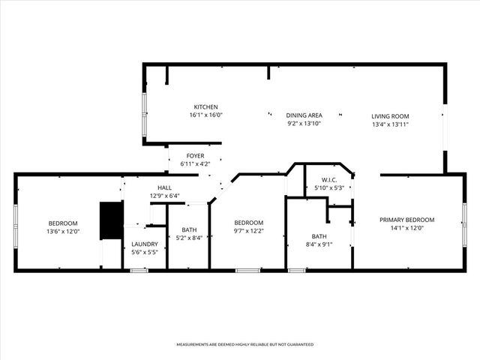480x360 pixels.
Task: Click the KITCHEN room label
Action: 205,107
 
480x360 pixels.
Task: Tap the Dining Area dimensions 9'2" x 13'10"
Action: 304,123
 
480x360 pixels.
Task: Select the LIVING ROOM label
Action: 390,115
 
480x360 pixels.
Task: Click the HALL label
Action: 165,187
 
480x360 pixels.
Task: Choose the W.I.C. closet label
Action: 328,180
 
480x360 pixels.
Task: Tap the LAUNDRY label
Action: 144,244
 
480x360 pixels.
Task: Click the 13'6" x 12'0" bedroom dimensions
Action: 64,232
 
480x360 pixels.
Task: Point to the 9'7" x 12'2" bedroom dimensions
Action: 248,232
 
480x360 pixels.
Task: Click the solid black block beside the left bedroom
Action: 111,220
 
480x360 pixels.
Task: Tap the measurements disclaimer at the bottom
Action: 244,344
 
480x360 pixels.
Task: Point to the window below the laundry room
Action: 139,270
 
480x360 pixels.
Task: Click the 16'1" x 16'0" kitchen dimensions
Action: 205,115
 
